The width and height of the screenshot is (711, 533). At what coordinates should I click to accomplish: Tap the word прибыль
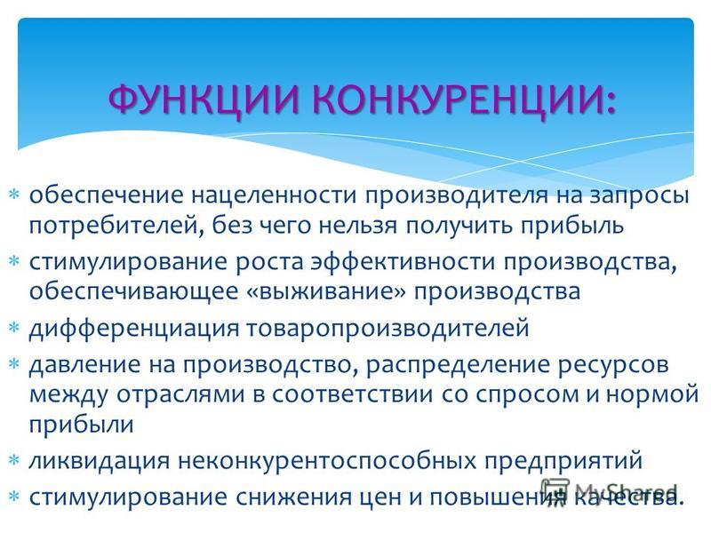point(571,226)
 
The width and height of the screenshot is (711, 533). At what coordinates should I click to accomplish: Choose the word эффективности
point(403,263)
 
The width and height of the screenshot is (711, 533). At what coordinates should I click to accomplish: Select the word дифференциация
point(134,328)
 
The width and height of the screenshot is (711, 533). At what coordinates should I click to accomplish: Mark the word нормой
point(651,394)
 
